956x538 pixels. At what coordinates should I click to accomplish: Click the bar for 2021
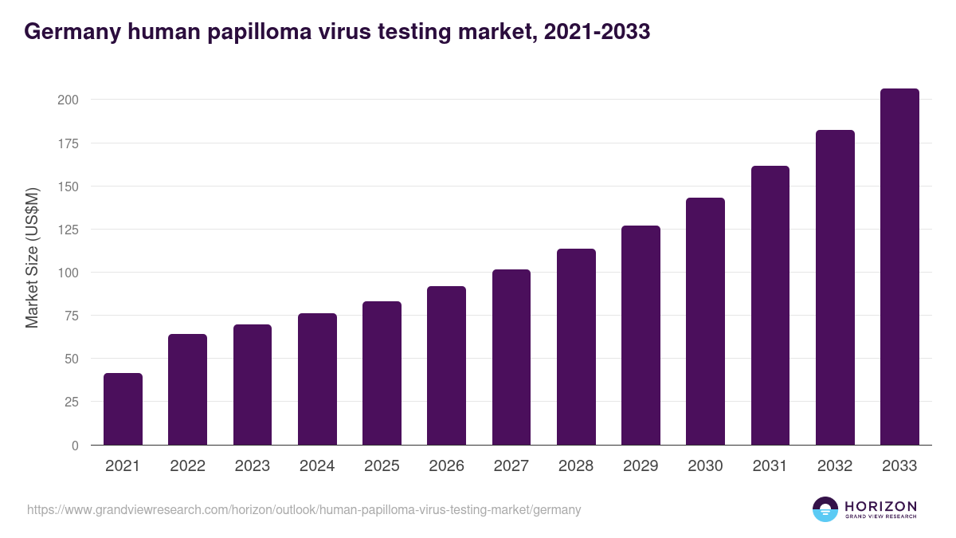(123, 409)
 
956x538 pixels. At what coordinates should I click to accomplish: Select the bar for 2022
(187, 390)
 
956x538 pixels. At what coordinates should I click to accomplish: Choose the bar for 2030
(705, 321)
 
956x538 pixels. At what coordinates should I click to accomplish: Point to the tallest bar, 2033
(899, 267)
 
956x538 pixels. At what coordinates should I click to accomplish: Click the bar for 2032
(835, 288)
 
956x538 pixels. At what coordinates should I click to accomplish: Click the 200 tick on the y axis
(68, 100)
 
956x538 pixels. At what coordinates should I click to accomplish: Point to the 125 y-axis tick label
(68, 230)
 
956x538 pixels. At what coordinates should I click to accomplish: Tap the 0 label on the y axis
(74, 446)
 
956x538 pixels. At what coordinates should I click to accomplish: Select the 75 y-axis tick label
(71, 316)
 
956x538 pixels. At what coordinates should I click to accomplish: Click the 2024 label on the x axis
(317, 466)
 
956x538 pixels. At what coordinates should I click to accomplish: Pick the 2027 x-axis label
(511, 466)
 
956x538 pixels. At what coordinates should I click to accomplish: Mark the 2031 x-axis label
(770, 466)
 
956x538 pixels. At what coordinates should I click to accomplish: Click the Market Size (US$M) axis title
(32, 258)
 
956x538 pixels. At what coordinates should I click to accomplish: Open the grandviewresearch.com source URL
(304, 509)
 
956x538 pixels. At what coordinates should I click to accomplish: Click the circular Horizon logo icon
(825, 509)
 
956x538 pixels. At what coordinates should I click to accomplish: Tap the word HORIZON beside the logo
(880, 505)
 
